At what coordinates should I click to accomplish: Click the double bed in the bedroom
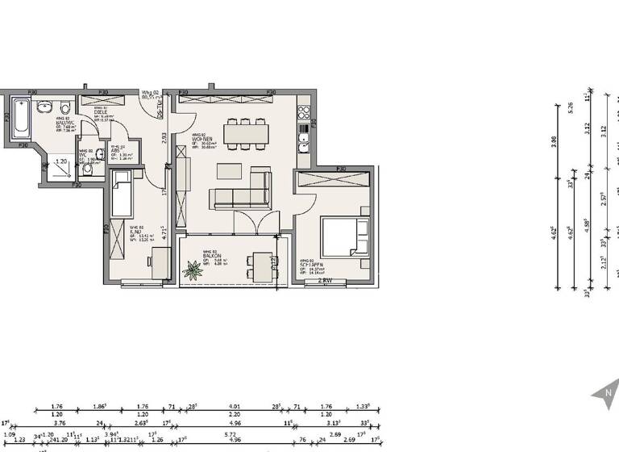click(x=345, y=238)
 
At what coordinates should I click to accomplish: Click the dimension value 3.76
click(x=59, y=421)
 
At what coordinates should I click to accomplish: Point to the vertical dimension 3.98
click(x=553, y=142)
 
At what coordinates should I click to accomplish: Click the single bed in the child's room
click(x=122, y=194)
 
